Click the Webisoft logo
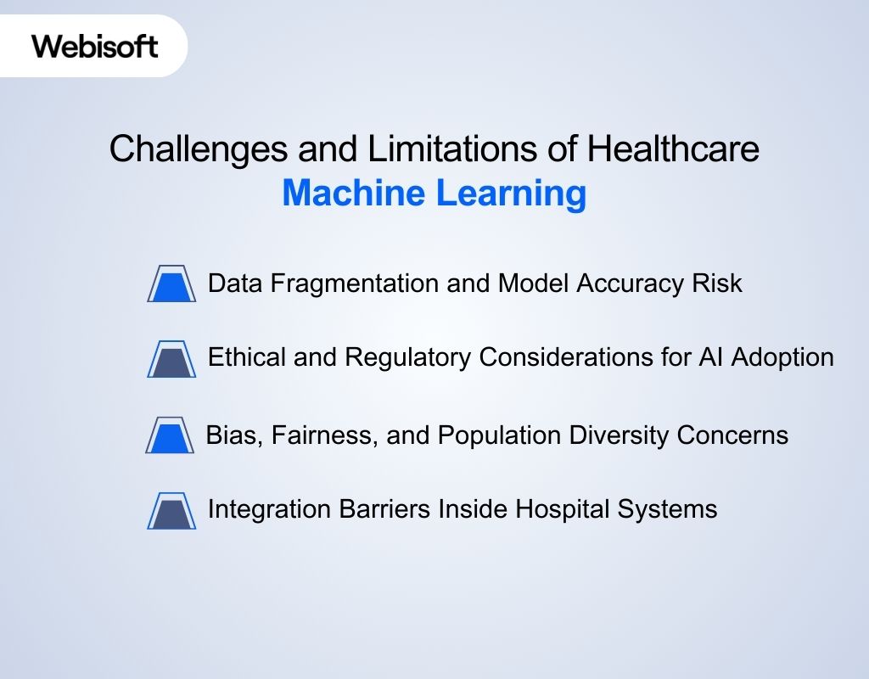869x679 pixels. pos(95,46)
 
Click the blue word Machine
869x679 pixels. pos(354,194)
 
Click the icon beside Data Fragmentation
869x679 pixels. pos(171,284)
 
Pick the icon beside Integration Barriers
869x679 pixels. pos(171,511)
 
